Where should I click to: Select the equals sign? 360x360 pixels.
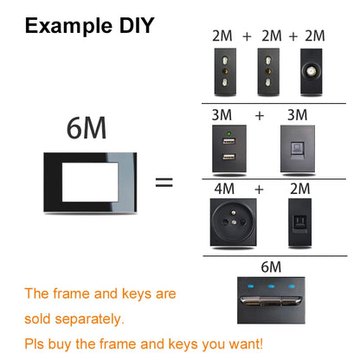(x=163, y=183)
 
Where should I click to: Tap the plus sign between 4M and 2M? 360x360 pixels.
(x=257, y=187)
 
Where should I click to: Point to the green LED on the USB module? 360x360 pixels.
(x=228, y=135)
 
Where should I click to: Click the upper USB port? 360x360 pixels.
(x=228, y=144)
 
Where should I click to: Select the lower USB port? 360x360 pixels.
(x=228, y=158)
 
